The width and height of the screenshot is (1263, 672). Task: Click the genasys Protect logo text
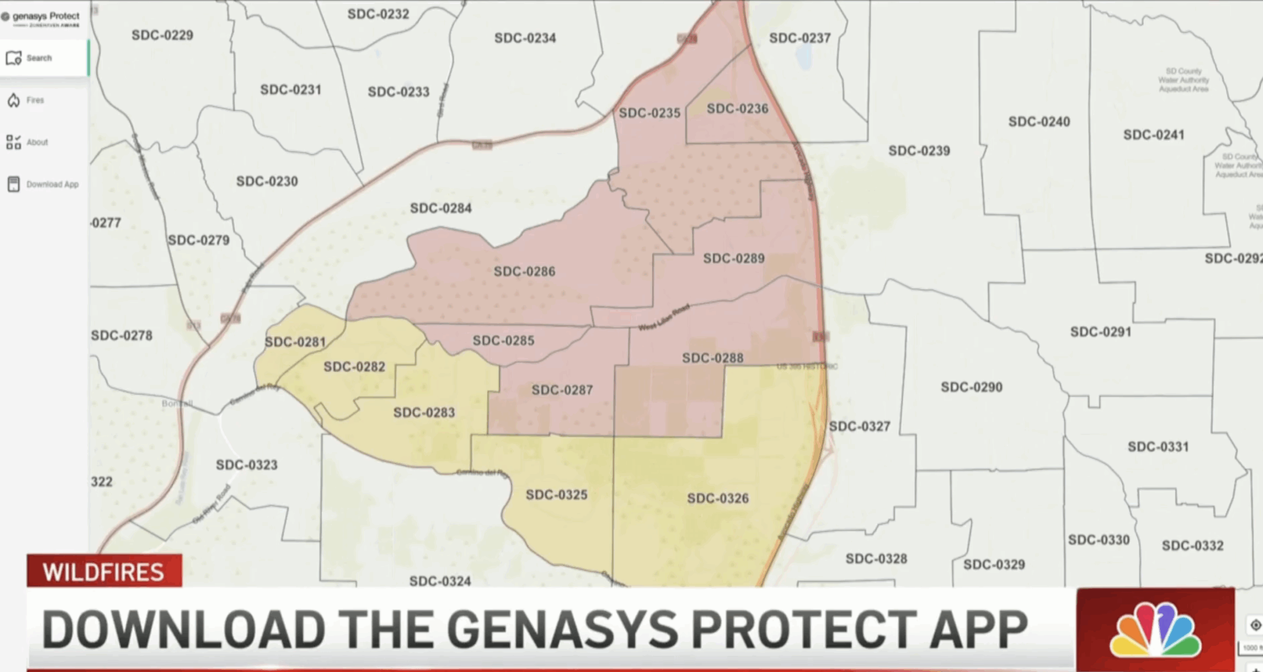[x=45, y=16]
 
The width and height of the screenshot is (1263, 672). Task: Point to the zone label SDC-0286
[x=524, y=271]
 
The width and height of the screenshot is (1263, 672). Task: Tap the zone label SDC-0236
[x=738, y=109]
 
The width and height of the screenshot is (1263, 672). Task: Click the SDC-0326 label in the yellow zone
[x=718, y=498]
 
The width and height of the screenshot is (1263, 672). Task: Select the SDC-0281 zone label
[x=296, y=342]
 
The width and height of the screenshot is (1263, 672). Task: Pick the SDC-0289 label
[x=734, y=259]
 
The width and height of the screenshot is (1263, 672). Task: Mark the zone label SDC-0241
[x=1153, y=135]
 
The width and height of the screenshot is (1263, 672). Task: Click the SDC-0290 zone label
[x=971, y=387]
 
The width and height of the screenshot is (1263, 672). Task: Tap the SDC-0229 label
[x=162, y=35]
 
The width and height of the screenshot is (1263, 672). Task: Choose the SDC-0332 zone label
[x=1192, y=546]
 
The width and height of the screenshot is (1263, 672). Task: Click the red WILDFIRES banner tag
[x=104, y=572]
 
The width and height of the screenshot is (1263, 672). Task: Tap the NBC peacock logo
[x=1154, y=630]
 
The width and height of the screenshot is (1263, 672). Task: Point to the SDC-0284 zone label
[x=441, y=208]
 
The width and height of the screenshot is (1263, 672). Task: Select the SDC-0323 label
[x=247, y=465]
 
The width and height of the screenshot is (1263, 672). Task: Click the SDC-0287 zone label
[x=562, y=390]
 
